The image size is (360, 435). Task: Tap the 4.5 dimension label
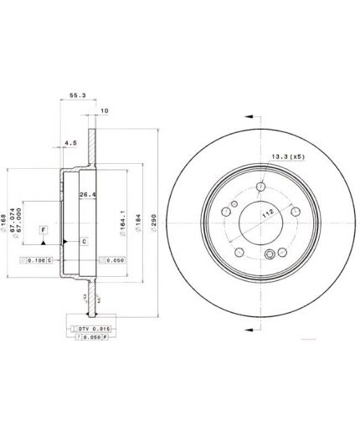pyautogui.click(x=72, y=143)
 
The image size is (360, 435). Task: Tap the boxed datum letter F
pyautogui.click(x=44, y=229)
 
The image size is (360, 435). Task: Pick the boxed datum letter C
pyautogui.click(x=83, y=241)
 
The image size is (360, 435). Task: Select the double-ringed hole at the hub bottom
pyautogui.click(x=270, y=257)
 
